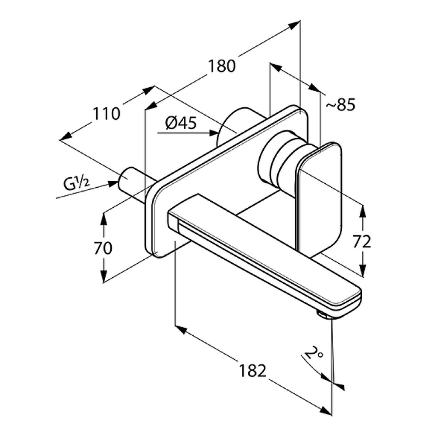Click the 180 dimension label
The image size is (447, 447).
(222, 66)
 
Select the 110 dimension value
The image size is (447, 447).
(107, 114)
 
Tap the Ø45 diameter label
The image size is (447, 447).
(181, 123)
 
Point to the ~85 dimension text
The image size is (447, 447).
(340, 105)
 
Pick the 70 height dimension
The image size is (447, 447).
(103, 248)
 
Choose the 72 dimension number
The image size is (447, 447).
(362, 241)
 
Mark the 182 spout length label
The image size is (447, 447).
(253, 371)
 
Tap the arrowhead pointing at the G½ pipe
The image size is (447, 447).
(113, 184)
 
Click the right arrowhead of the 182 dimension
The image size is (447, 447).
(326, 410)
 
